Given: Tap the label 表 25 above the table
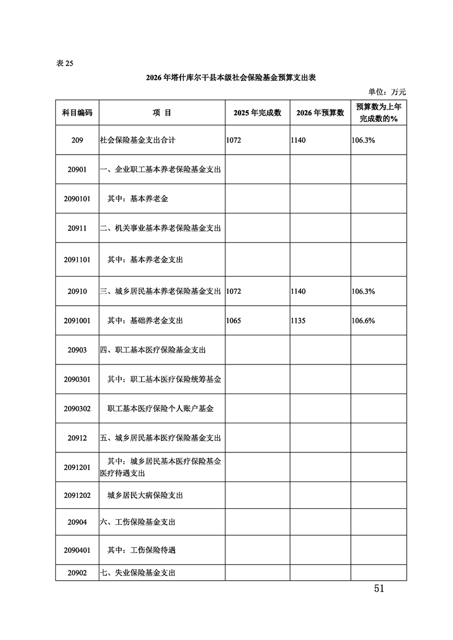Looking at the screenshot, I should pyautogui.click(x=65, y=63).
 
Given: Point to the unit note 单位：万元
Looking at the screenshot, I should pyautogui.click(x=387, y=91).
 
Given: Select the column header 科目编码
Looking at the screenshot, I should pyautogui.click(x=77, y=113).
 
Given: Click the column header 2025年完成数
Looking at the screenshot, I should pyautogui.click(x=257, y=113).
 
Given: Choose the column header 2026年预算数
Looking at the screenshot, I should pyautogui.click(x=320, y=113).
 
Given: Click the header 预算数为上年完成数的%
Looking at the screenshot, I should pyautogui.click(x=378, y=113).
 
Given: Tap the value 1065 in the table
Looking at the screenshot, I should pyautogui.click(x=234, y=321).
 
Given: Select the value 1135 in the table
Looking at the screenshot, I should pyautogui.click(x=298, y=321).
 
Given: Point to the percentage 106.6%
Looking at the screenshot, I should pyautogui.click(x=363, y=321).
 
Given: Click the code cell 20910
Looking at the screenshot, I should pyautogui.click(x=77, y=291).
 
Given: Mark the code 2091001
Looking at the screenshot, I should pyautogui.click(x=77, y=321).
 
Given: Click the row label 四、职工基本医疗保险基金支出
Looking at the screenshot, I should pyautogui.click(x=153, y=350).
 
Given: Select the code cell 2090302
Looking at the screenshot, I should pyautogui.click(x=77, y=408).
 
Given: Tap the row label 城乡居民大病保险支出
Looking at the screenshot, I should pyautogui.click(x=145, y=495).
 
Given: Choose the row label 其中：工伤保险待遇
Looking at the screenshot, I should pyautogui.click(x=141, y=550).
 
